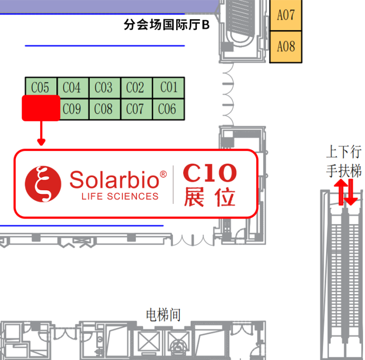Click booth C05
(x=40, y=88)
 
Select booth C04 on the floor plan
(x=72, y=88)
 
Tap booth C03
(x=104, y=88)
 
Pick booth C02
(x=135, y=88)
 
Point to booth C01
(x=169, y=88)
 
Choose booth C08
(x=104, y=109)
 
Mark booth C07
(x=135, y=109)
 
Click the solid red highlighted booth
(x=41, y=108)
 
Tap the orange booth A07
(x=286, y=15)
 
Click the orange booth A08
(x=286, y=47)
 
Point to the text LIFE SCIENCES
(x=120, y=196)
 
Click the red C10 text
(x=209, y=173)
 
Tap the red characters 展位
(x=209, y=197)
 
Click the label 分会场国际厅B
(x=166, y=25)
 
